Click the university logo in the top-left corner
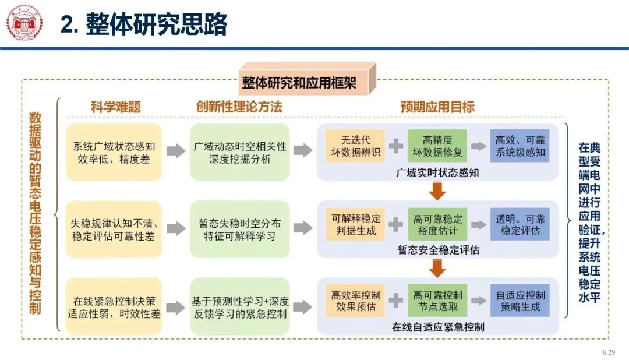point(24,24)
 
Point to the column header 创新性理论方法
point(239,107)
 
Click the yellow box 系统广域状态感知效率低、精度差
point(114,152)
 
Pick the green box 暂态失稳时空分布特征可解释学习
point(239,230)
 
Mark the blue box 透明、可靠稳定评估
point(520,224)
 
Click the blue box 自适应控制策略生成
point(520,300)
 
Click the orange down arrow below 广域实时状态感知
point(437,190)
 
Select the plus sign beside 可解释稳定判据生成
point(395,224)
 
